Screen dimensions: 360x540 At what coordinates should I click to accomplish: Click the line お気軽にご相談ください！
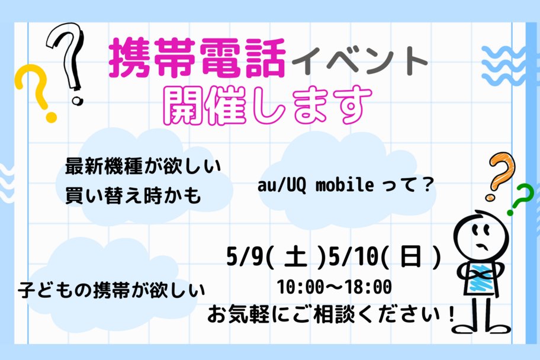pos(330,313)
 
